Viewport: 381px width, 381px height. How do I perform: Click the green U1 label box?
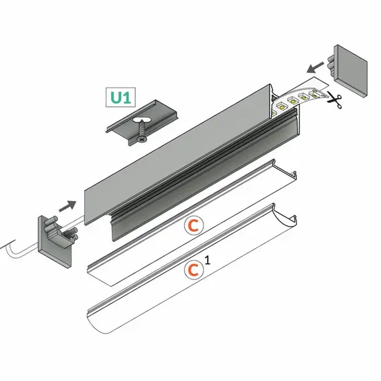tap(121, 98)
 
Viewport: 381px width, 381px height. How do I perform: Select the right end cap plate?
tap(352, 71)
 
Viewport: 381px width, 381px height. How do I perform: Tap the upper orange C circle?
tap(193, 226)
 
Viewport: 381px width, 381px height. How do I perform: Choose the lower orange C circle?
tap(194, 270)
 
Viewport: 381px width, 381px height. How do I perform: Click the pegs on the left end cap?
tap(70, 231)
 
